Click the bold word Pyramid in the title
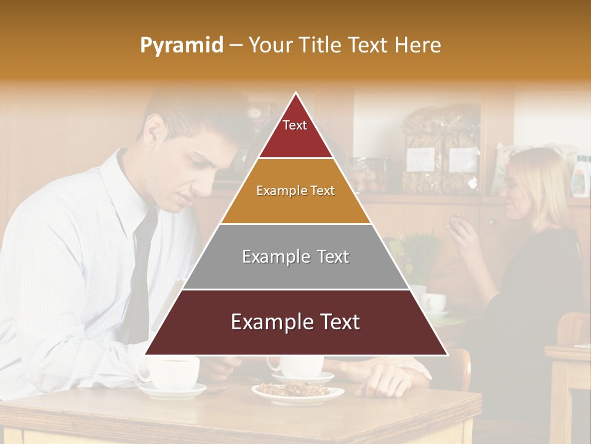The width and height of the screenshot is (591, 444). (x=182, y=45)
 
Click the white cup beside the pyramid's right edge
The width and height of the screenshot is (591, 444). (x=436, y=302)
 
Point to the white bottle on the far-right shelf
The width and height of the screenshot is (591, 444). (x=579, y=179)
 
